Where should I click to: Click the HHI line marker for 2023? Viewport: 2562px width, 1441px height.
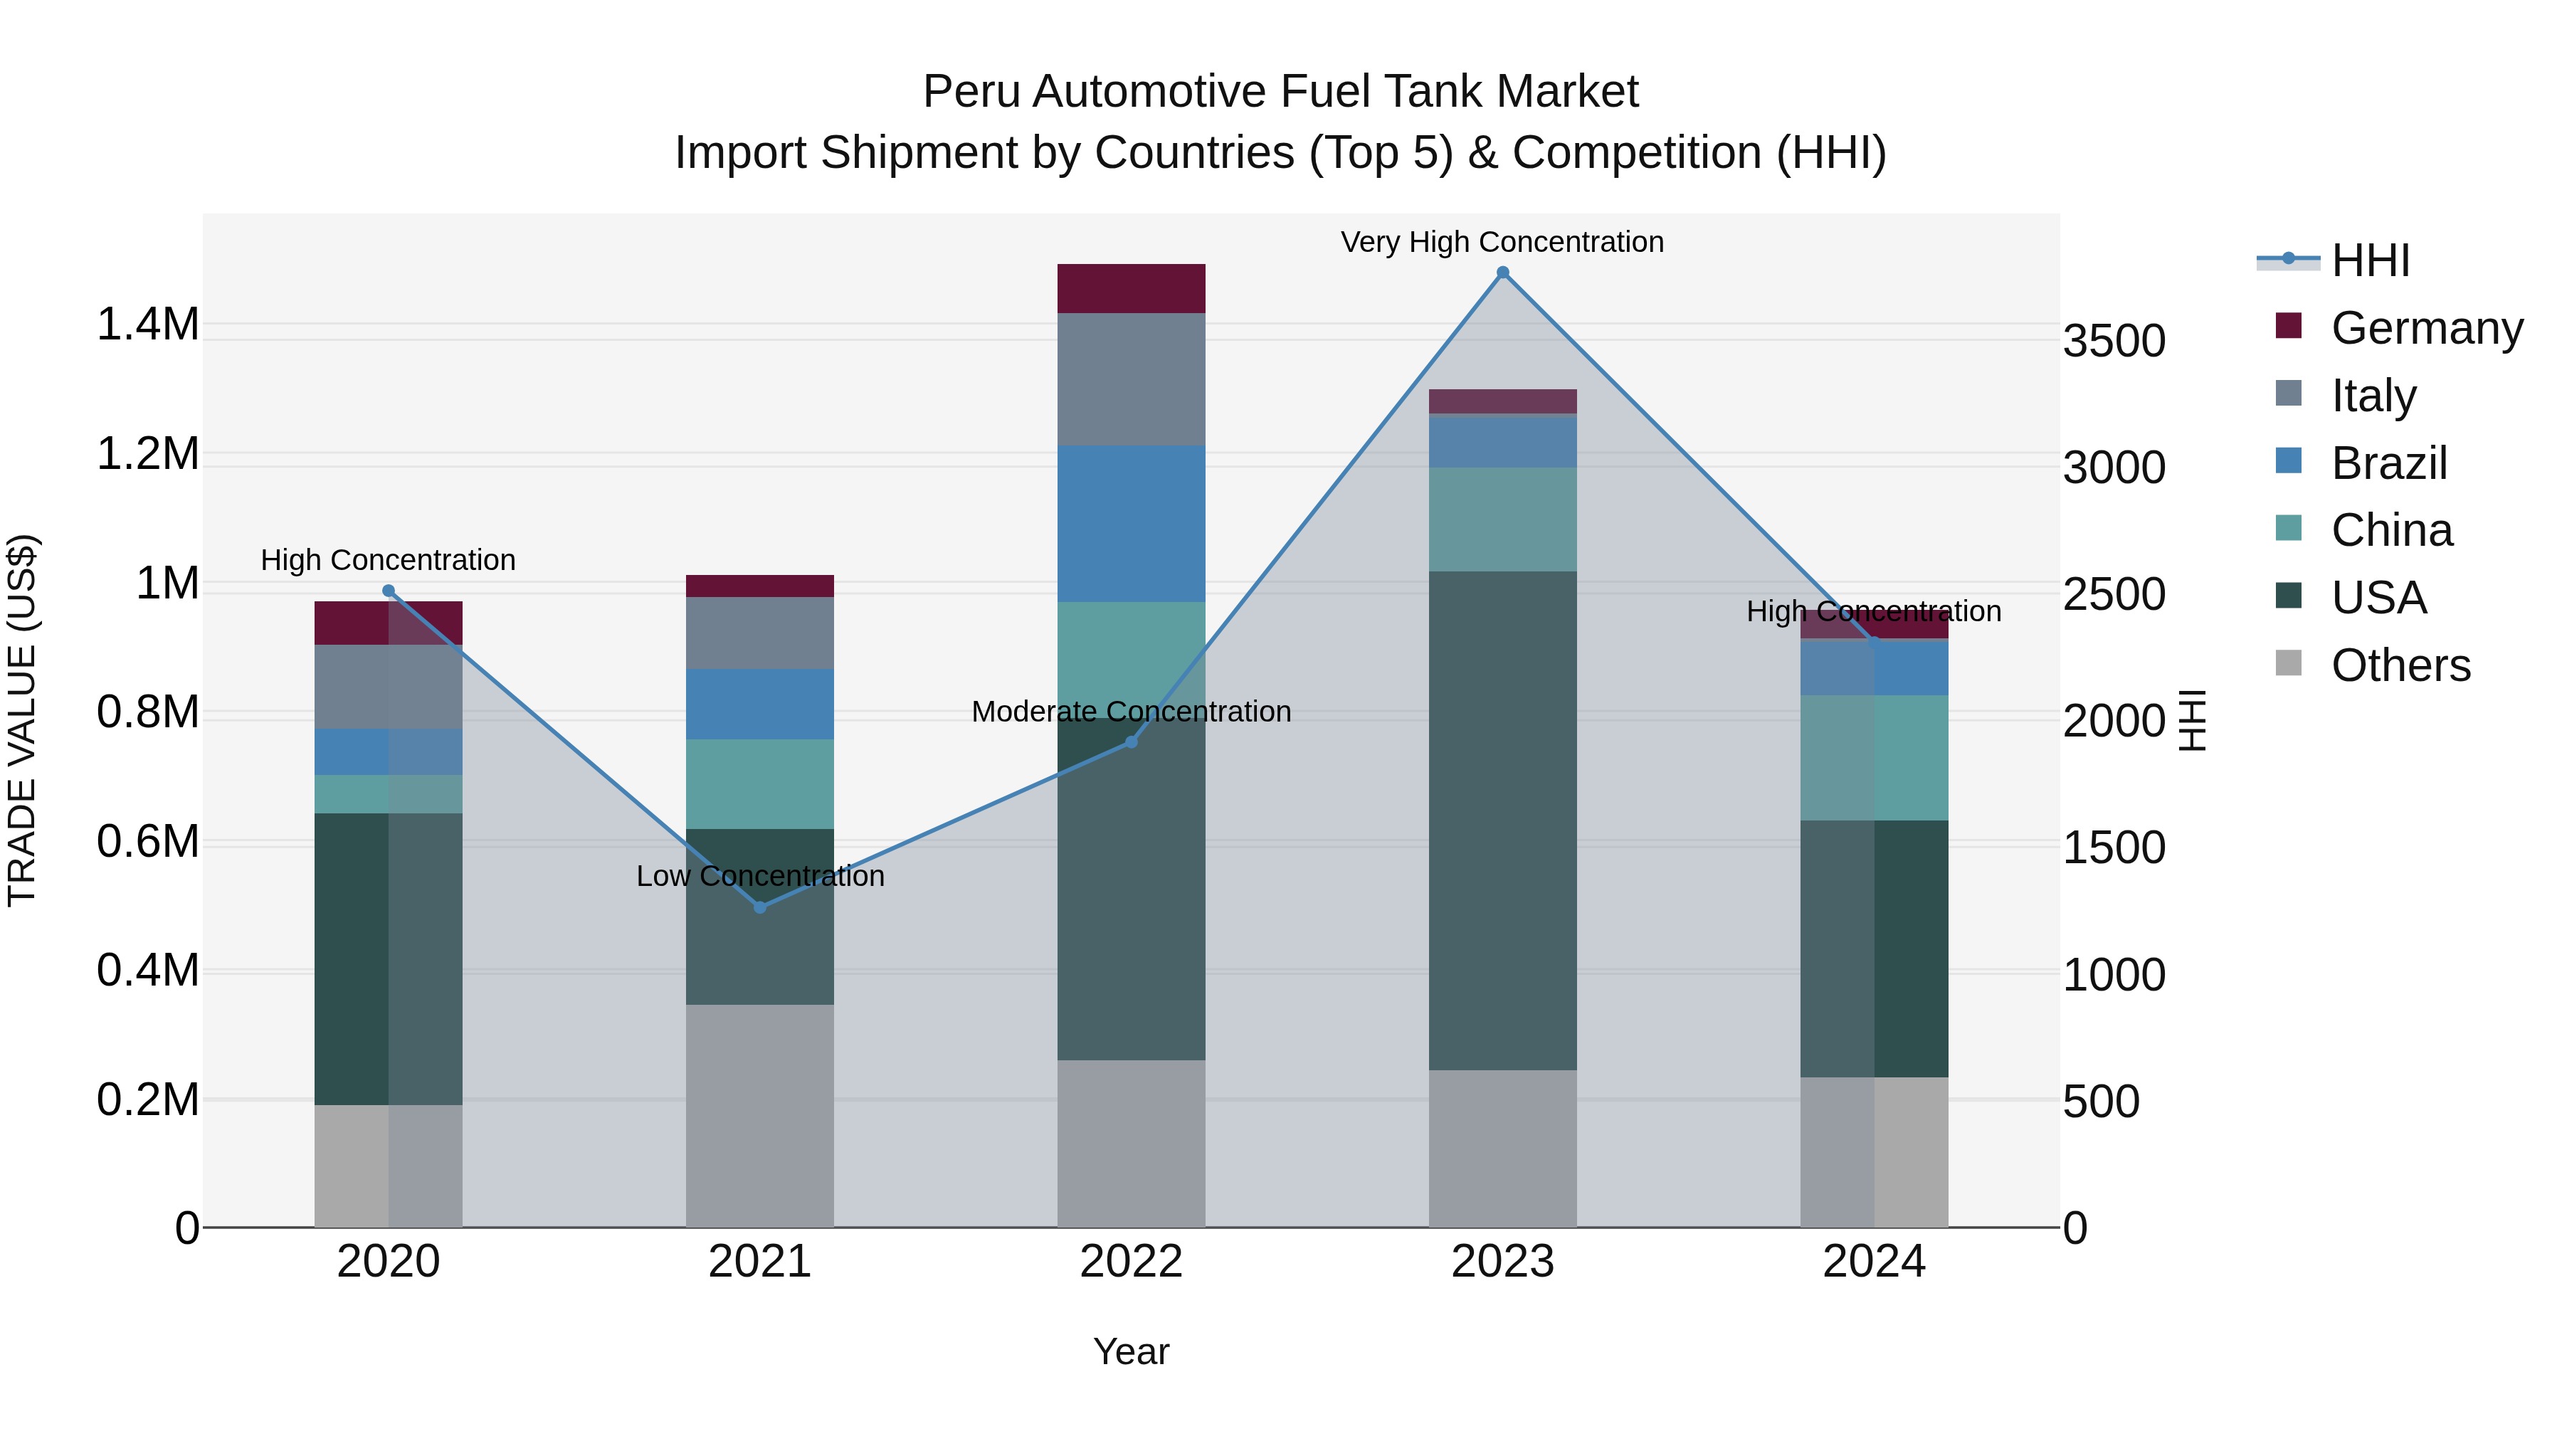pos(1503,273)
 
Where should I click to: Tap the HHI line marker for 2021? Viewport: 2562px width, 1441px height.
pos(761,907)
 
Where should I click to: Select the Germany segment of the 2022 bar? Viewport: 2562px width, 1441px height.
pos(1131,288)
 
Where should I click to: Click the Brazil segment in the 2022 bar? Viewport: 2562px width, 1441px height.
pos(1131,523)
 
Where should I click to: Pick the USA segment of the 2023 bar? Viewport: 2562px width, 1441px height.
pos(1503,820)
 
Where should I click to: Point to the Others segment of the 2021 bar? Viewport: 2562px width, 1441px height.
pos(761,1115)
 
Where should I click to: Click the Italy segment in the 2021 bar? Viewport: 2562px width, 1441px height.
pos(761,633)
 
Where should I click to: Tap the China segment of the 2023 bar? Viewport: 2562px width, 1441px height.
pos(1503,519)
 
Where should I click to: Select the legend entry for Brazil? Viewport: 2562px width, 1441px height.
pos(2387,463)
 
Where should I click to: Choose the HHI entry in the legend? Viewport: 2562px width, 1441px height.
pos(2369,260)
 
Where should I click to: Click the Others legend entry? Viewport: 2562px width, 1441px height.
pos(2399,665)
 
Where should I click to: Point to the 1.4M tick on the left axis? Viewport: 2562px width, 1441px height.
pos(147,325)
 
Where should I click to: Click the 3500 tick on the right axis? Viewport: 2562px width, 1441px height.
pos(2114,341)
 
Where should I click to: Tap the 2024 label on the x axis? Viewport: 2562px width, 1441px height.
pos(1874,1262)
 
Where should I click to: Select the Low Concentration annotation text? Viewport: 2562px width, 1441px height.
pos(761,876)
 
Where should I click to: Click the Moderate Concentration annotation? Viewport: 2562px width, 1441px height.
pos(1131,712)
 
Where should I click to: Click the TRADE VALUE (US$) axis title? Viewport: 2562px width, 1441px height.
pos(22,720)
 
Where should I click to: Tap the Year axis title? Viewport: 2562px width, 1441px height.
pos(1131,1351)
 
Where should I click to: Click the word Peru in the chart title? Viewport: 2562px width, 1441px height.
pos(971,92)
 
